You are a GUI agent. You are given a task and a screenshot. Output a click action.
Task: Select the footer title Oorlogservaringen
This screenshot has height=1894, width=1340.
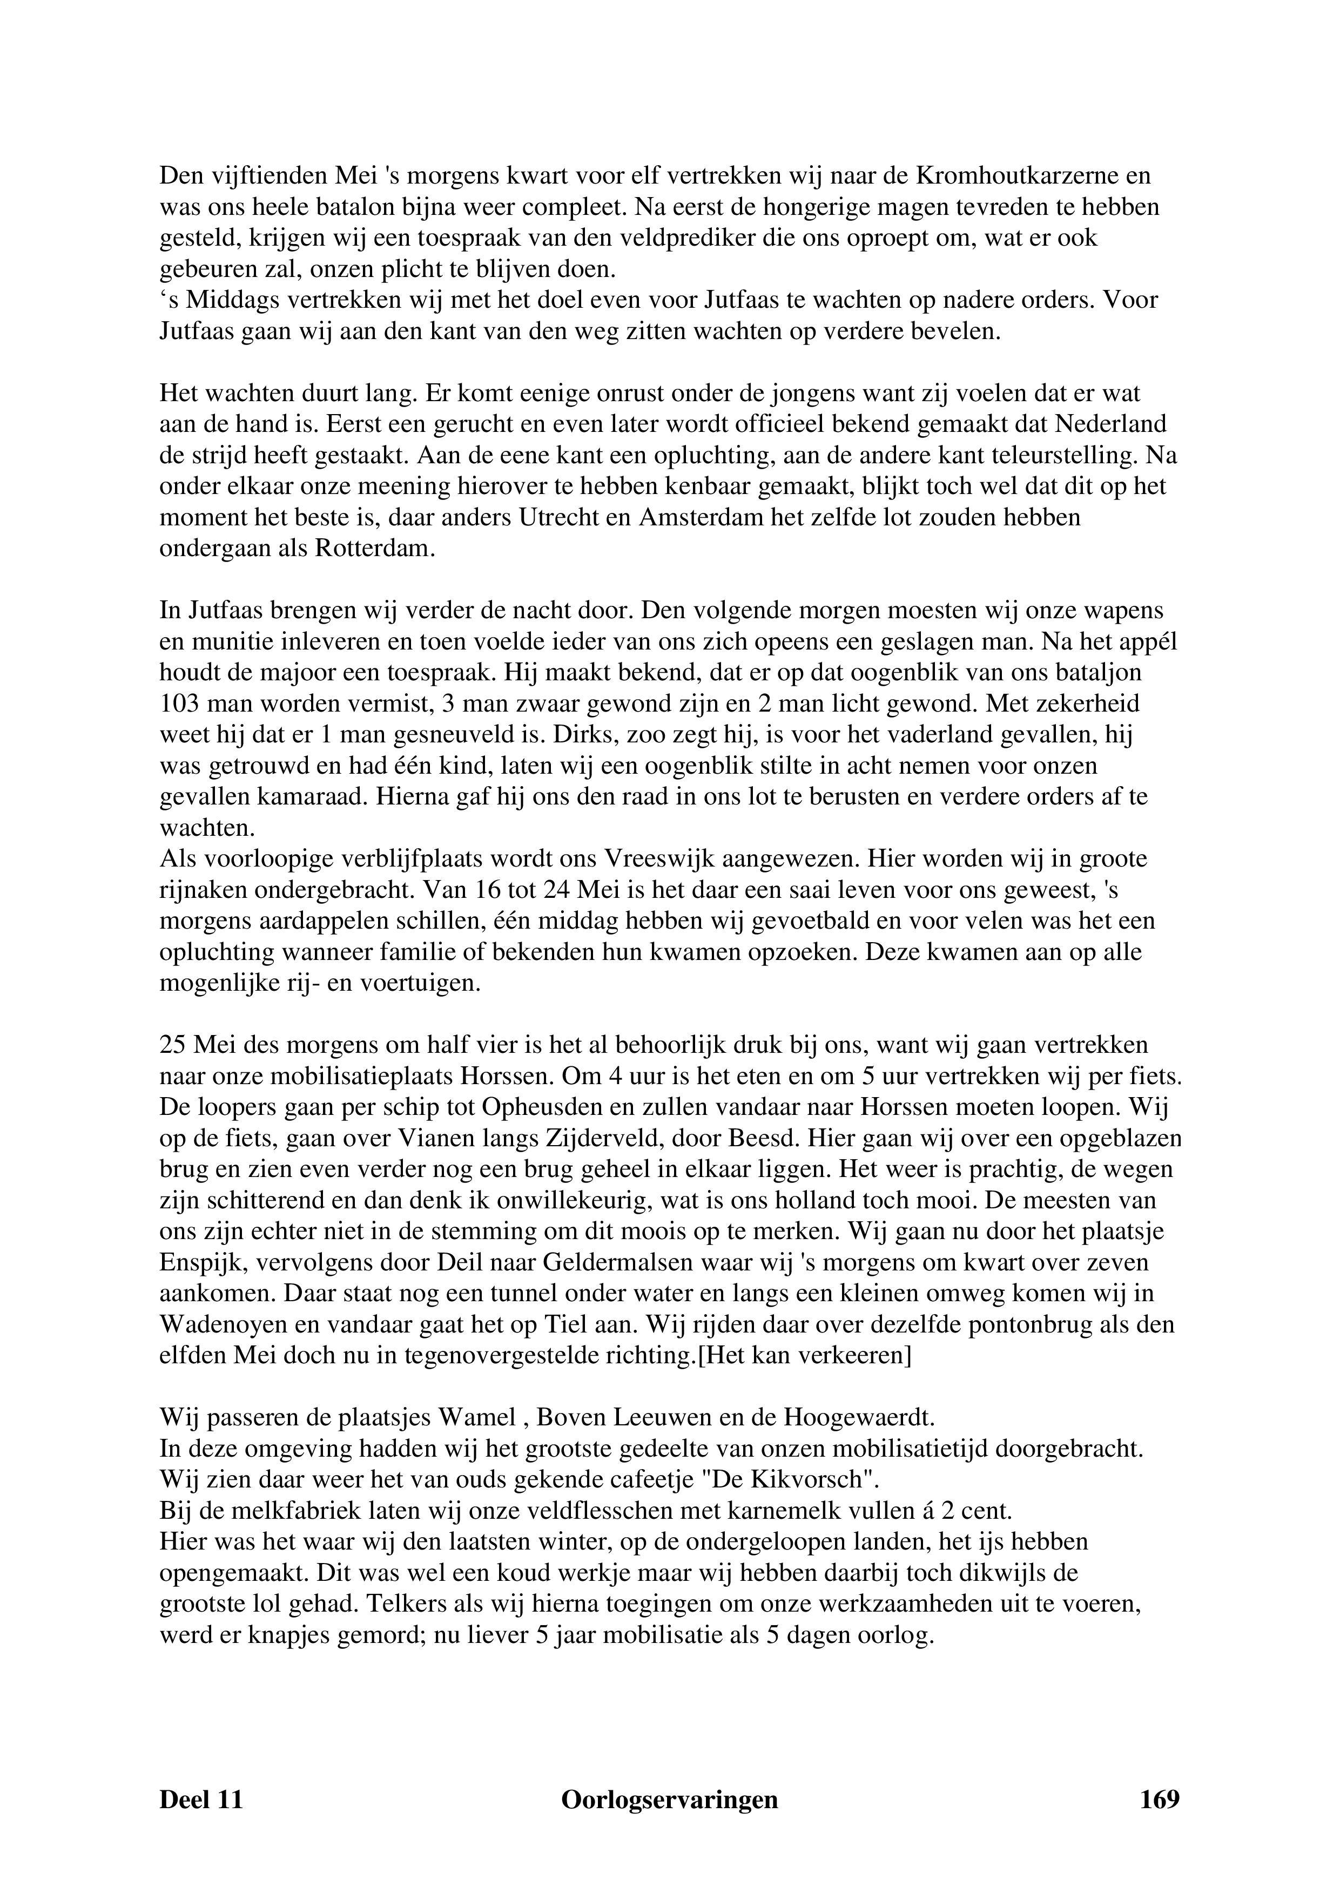pos(669,1799)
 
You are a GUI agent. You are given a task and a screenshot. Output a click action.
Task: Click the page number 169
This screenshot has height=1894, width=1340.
pos(1159,1799)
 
